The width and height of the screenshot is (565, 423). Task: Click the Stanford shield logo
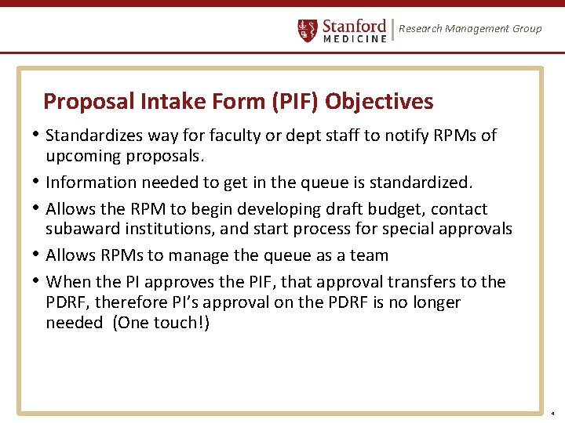(308, 31)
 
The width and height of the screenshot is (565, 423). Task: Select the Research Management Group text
(470, 29)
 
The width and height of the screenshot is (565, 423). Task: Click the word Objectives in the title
(379, 102)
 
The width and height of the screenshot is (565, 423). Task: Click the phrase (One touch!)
(162, 323)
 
